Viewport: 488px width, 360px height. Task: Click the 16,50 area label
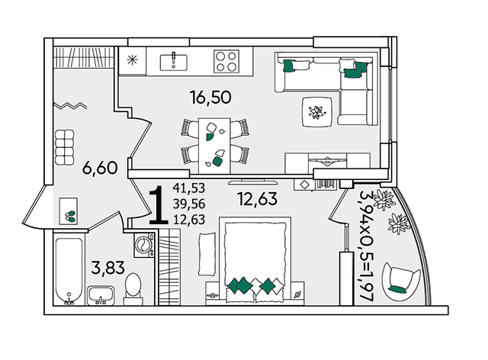pos(210,97)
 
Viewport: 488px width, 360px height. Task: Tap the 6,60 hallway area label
pos(100,168)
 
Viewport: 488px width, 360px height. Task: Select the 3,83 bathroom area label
pos(108,268)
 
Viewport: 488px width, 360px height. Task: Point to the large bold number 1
pos(159,205)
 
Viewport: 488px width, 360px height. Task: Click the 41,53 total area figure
pos(189,188)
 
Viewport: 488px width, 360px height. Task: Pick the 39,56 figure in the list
pos(189,204)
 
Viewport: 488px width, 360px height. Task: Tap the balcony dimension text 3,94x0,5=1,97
pos(366,246)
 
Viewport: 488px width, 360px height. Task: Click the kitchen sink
pos(174,63)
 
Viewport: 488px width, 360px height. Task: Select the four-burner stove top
pos(226,61)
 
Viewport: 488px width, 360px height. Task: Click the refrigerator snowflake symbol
pos(132,59)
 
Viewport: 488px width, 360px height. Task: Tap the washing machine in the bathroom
pos(144,245)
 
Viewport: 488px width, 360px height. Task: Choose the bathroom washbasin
pos(101,295)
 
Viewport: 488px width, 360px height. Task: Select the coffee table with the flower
pos(317,112)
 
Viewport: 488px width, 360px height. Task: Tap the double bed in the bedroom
pos(255,260)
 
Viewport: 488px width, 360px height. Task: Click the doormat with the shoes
pos(69,211)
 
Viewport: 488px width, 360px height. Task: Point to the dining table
pos(214,146)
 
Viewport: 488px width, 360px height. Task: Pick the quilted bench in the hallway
pos(65,147)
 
